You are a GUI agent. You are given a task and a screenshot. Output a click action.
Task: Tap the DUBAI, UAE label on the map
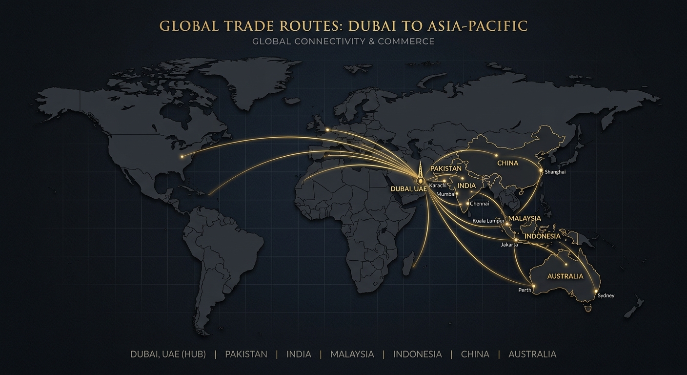[x=409, y=188]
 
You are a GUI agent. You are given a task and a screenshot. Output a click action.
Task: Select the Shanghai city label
[x=555, y=172]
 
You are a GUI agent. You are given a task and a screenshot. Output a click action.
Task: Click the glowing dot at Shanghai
[x=541, y=171]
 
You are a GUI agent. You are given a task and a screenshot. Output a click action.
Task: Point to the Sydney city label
[x=606, y=295]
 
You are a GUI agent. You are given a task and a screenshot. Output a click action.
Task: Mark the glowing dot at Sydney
[x=596, y=292]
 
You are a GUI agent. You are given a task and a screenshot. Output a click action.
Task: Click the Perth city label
[x=525, y=290]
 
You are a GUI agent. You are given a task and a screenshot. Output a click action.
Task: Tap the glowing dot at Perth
[x=534, y=286]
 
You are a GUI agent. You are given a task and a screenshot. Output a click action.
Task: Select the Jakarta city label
[x=509, y=245]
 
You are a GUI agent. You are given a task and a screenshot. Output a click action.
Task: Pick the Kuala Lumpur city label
[x=488, y=221]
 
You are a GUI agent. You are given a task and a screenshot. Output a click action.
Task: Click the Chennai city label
[x=479, y=204]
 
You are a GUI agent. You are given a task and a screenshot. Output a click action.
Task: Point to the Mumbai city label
[x=445, y=194]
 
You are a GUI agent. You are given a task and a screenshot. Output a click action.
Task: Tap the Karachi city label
[x=438, y=185]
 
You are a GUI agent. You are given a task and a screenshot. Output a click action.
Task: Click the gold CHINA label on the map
[x=507, y=163]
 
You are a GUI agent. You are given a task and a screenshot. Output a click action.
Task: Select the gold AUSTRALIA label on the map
[x=565, y=276]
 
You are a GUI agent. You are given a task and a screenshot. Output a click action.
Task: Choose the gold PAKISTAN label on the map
[x=446, y=168]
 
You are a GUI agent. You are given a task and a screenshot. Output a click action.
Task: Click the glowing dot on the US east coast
[x=182, y=157]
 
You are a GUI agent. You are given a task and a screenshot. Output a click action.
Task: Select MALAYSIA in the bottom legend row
[x=352, y=354]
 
